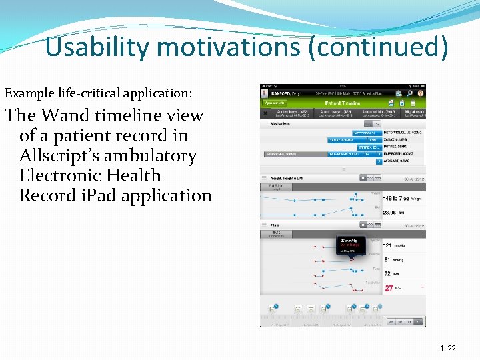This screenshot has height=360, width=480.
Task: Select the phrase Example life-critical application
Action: tap(99, 94)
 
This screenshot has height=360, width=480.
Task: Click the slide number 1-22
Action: tap(448, 349)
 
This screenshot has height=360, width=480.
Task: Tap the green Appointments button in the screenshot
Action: tap(275, 103)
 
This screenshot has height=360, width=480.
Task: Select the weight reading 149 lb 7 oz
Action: tap(397, 197)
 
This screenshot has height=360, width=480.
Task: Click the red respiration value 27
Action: tap(389, 288)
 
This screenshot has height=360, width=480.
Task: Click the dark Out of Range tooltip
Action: tap(351, 244)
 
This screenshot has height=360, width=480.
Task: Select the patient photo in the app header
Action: tap(264, 94)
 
